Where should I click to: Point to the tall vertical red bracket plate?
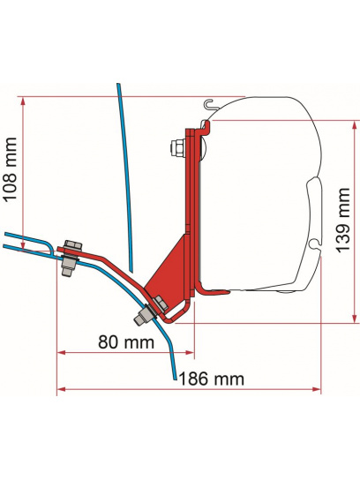point(189,203)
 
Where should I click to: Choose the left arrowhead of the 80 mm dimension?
point(60,351)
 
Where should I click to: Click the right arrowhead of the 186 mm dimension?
point(319,386)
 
